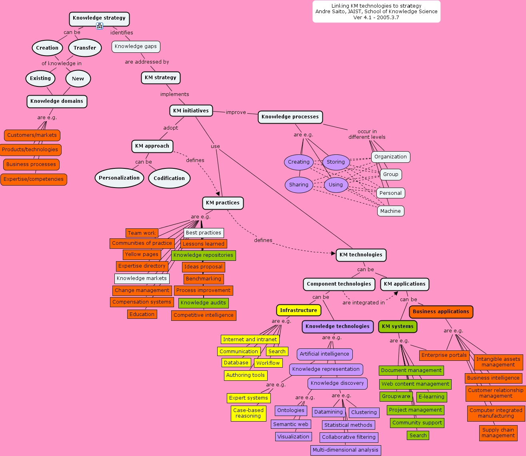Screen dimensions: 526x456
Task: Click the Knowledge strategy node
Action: pyautogui.click(x=99, y=18)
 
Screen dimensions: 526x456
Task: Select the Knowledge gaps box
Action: pyautogui.click(x=136, y=46)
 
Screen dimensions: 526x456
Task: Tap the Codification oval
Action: pyautogui.click(x=169, y=178)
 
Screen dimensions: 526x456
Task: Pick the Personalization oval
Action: pyautogui.click(x=119, y=178)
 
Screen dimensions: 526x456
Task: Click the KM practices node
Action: pyautogui.click(x=222, y=203)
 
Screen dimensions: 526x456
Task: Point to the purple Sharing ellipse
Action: pyautogui.click(x=299, y=185)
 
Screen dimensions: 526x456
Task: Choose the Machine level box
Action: pyautogui.click(x=390, y=211)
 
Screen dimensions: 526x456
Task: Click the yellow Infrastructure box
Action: pyautogui.click(x=298, y=310)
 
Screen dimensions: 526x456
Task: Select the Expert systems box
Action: pyautogui.click(x=248, y=398)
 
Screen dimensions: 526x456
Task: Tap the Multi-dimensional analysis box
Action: pyautogui.click(x=346, y=450)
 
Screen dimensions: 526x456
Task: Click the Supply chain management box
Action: pyautogui.click(x=498, y=433)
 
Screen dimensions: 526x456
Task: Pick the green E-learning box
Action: pyautogui.click(x=432, y=397)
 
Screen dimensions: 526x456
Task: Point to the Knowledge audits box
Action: pyautogui.click(x=203, y=303)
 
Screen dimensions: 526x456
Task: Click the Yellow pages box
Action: pyautogui.click(x=142, y=254)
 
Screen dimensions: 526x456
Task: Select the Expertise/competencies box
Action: pyautogui.click(x=34, y=179)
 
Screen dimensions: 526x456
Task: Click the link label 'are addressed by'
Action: pyautogui.click(x=147, y=62)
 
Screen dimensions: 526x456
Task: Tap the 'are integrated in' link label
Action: pyautogui.click(x=363, y=303)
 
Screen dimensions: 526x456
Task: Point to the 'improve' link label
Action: pyautogui.click(x=236, y=112)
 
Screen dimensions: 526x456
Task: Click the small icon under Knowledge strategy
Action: pyautogui.click(x=100, y=26)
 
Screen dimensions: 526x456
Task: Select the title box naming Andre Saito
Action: pyautogui.click(x=376, y=12)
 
